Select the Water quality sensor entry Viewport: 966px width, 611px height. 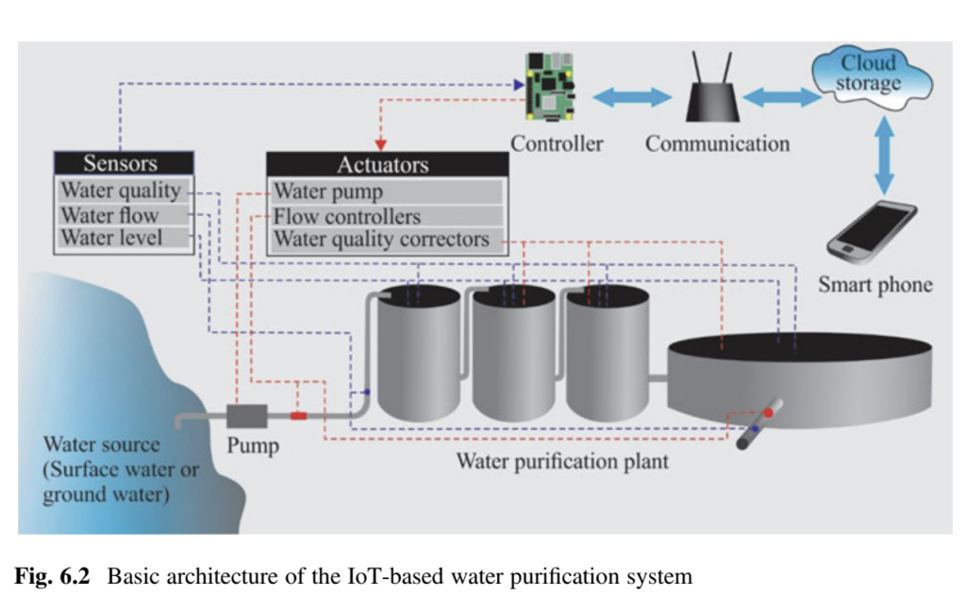click(x=121, y=190)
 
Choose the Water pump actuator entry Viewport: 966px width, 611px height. click(x=328, y=192)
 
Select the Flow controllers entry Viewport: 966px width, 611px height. click(x=347, y=217)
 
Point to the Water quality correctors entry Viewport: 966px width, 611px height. click(x=382, y=239)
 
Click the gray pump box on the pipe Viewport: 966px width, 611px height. click(x=247, y=415)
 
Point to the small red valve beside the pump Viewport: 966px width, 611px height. click(x=299, y=416)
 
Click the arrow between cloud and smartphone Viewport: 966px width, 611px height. click(x=884, y=157)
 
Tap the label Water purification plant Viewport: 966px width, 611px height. click(x=562, y=462)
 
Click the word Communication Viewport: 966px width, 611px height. click(x=717, y=144)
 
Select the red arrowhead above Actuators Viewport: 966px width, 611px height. click(x=383, y=144)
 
